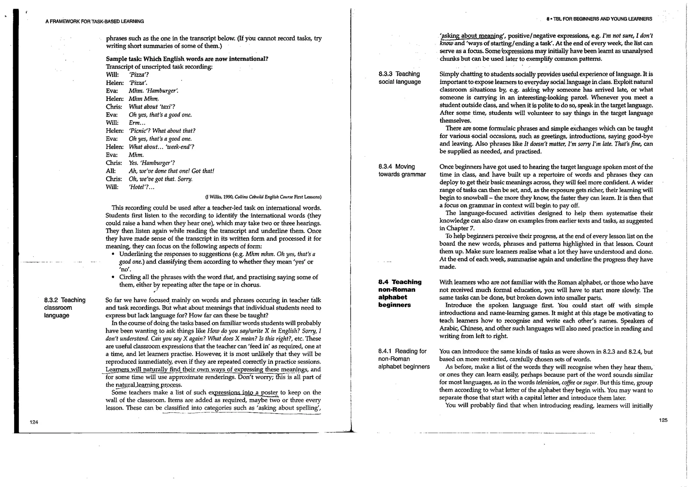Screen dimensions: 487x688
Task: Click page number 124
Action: (x=34, y=422)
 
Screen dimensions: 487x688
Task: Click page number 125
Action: (x=663, y=420)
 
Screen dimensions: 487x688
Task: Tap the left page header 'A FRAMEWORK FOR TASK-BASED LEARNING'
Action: (x=94, y=22)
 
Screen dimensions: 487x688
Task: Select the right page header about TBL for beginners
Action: (x=599, y=19)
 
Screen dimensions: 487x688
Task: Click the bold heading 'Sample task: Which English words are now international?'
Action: (x=187, y=59)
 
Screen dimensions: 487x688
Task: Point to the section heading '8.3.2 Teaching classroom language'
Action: (x=64, y=307)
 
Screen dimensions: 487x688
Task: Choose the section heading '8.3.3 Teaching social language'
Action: (x=399, y=78)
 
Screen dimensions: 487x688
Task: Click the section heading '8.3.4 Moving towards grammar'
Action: (x=402, y=170)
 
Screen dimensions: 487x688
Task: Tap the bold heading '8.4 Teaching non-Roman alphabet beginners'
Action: (x=399, y=293)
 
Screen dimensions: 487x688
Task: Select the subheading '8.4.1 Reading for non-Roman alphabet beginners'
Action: (x=403, y=359)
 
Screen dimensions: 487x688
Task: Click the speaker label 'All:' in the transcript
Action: (x=111, y=171)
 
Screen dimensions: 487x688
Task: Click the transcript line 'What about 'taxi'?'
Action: (x=152, y=107)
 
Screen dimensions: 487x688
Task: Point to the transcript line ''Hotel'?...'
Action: (x=141, y=187)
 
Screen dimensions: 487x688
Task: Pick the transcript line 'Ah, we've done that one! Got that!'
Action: (x=171, y=171)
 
